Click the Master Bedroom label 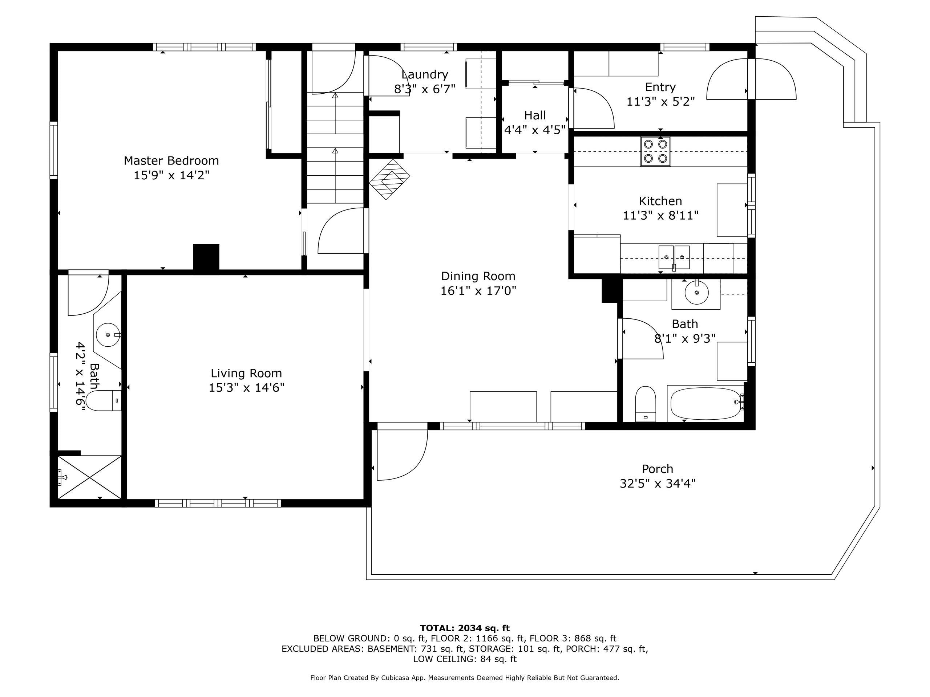click(171, 160)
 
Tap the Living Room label click(246, 373)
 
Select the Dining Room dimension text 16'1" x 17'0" click(478, 291)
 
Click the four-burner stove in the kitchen click(655, 151)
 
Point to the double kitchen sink click(674, 257)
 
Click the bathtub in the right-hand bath click(705, 403)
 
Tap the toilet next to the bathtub click(645, 404)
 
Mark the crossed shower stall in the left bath click(90, 478)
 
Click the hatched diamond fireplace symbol click(390, 179)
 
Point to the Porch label click(658, 469)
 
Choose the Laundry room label click(425, 74)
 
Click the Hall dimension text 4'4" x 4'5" click(535, 130)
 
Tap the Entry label click(660, 87)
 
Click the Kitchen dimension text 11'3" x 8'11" click(660, 216)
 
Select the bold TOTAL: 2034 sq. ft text click(465, 628)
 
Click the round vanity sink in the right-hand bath click(697, 293)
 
